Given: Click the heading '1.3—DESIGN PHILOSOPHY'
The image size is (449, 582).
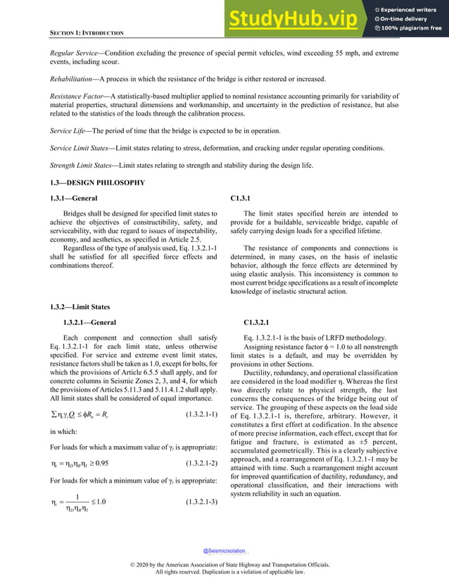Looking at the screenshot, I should (x=96, y=182).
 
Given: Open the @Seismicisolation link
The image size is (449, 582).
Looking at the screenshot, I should (x=224, y=550).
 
